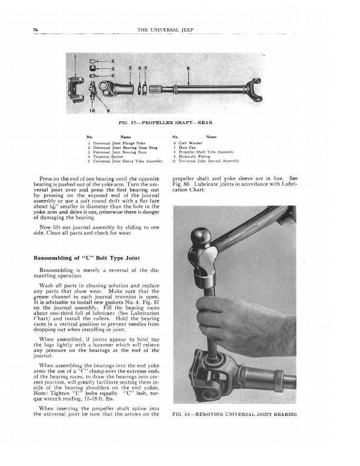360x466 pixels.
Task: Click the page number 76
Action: click(x=36, y=29)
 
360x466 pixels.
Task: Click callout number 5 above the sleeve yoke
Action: click(x=131, y=68)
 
